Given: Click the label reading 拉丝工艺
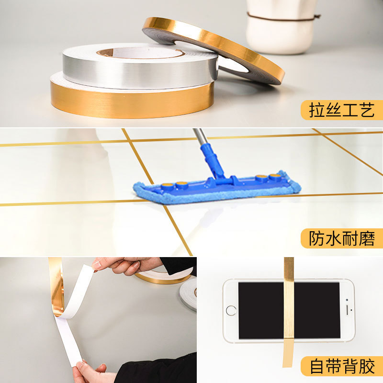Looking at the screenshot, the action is point(341,110).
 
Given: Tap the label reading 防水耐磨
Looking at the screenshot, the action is point(341,238).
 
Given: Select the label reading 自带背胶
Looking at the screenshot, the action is point(342,366).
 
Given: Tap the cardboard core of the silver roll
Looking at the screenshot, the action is point(105,52).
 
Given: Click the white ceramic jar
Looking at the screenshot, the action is point(281,27).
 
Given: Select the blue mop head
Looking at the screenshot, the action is point(217,188).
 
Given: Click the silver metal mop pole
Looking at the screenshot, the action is point(200,137).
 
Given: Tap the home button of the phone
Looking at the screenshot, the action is point(231,310).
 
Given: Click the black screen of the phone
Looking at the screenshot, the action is point(289,310).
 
